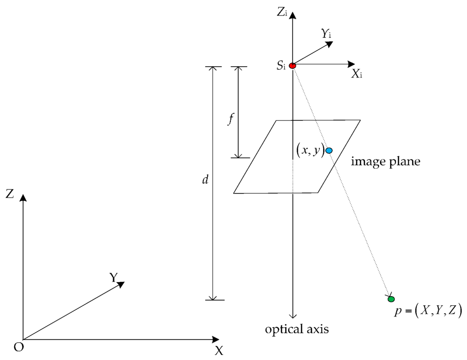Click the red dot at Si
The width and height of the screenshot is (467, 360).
point(293,66)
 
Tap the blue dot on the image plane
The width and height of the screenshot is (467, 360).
point(329,150)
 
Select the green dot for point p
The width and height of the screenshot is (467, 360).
point(391,299)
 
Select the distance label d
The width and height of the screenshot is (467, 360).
point(205,180)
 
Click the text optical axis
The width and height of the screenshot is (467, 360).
point(297,329)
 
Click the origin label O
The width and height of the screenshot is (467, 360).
point(18,347)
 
